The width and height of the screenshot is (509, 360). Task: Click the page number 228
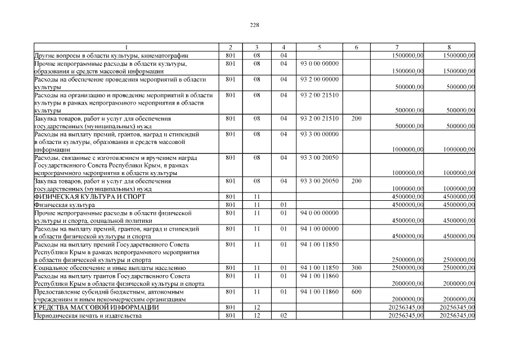coord(254,25)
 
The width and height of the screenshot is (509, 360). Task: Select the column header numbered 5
coord(319,47)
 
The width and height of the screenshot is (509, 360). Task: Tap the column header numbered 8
coord(449,47)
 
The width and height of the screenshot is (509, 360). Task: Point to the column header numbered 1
coord(125,47)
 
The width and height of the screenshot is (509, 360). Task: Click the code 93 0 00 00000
coord(319,64)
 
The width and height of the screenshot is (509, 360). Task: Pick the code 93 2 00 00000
coord(319,79)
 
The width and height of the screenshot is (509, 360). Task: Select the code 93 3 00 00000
coord(319,134)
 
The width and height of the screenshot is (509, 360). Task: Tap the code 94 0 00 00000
coord(319,213)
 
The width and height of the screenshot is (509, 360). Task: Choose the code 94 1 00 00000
coord(319,229)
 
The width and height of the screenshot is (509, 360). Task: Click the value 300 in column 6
coord(356,268)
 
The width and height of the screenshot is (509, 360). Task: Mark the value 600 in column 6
coord(356,292)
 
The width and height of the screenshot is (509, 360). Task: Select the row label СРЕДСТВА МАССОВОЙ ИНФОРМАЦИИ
coord(96,308)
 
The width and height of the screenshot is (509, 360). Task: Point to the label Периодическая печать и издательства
coord(88,316)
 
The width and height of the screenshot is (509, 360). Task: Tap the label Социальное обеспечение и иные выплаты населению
coord(110,268)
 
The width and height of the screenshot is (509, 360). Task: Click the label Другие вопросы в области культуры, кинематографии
coord(111,56)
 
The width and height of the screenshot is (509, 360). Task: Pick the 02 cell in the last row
coord(283,316)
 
